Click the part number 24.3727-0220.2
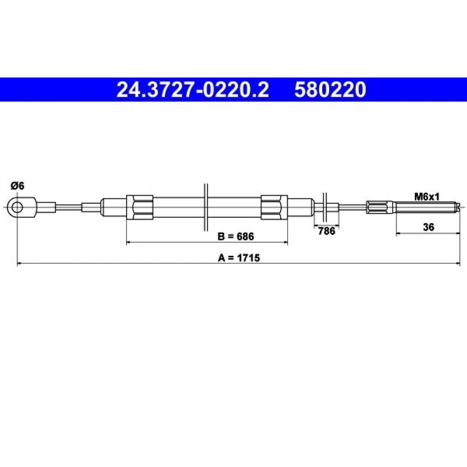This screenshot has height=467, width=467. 192,90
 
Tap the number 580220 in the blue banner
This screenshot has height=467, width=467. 330,90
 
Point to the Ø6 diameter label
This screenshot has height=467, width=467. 17,186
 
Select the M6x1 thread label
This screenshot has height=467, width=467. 427,197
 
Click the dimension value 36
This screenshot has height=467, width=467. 428,227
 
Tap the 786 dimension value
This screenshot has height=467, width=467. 326,231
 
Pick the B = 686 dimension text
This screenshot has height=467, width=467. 235,236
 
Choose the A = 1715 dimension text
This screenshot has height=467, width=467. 239,258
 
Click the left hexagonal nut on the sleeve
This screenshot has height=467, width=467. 140,207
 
